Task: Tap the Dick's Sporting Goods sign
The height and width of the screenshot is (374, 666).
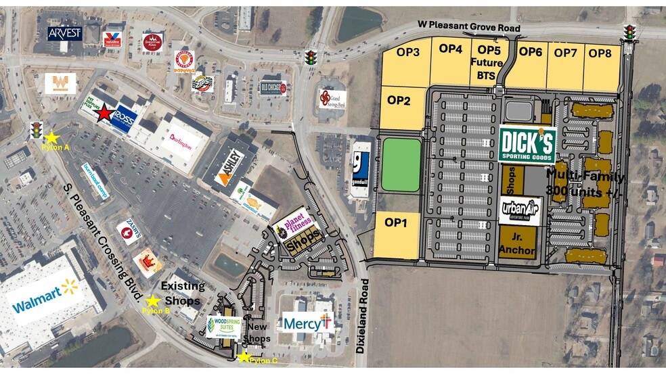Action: tap(528, 145)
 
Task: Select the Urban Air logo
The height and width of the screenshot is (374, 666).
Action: tap(520, 211)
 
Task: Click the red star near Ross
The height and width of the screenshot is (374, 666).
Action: tap(104, 113)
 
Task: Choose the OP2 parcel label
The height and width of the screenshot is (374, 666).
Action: tap(399, 101)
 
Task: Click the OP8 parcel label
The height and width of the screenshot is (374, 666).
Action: tap(599, 53)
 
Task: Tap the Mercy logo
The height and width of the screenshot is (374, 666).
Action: tap(308, 324)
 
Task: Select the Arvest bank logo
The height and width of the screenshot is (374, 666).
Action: tap(65, 33)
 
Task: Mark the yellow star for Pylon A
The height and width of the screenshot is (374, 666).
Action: tap(51, 138)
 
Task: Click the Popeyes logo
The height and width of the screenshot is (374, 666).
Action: tap(183, 60)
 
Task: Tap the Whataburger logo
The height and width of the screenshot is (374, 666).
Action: tap(60, 83)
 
